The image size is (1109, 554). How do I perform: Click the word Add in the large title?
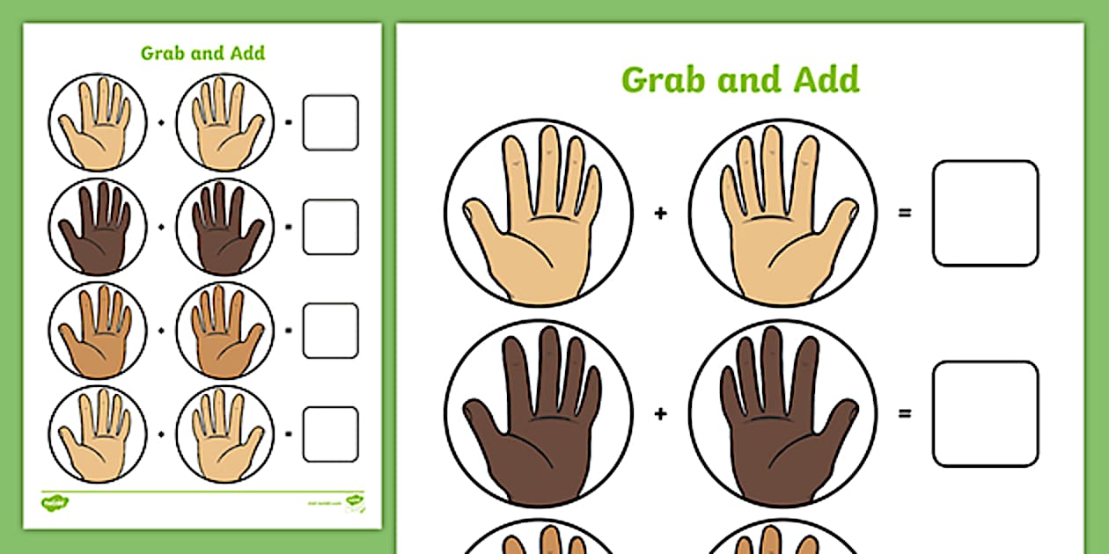pyautogui.click(x=824, y=79)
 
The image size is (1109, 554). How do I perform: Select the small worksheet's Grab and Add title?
pyautogui.click(x=202, y=53)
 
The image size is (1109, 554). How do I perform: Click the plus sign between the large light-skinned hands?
pyautogui.click(x=660, y=213)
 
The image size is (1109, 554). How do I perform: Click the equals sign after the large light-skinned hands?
pyautogui.click(x=904, y=213)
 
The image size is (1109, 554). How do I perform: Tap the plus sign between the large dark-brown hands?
pyautogui.click(x=660, y=413)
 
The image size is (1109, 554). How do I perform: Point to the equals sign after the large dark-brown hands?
pyautogui.click(x=904, y=413)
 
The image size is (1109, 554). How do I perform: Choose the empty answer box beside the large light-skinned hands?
pyautogui.click(x=985, y=213)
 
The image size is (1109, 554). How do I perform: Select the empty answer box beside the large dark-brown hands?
pyautogui.click(x=985, y=413)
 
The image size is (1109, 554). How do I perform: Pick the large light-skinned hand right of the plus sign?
pyautogui.click(x=782, y=215)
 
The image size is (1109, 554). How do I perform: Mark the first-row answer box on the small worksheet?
pyautogui.click(x=330, y=122)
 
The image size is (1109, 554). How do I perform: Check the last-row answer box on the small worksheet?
pyautogui.click(x=330, y=434)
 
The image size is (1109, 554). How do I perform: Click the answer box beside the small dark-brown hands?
pyautogui.click(x=330, y=227)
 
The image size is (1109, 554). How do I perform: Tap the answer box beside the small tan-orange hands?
pyautogui.click(x=330, y=331)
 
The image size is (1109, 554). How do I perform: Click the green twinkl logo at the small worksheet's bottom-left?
pyautogui.click(x=55, y=502)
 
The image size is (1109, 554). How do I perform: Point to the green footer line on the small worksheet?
pyautogui.click(x=202, y=490)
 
